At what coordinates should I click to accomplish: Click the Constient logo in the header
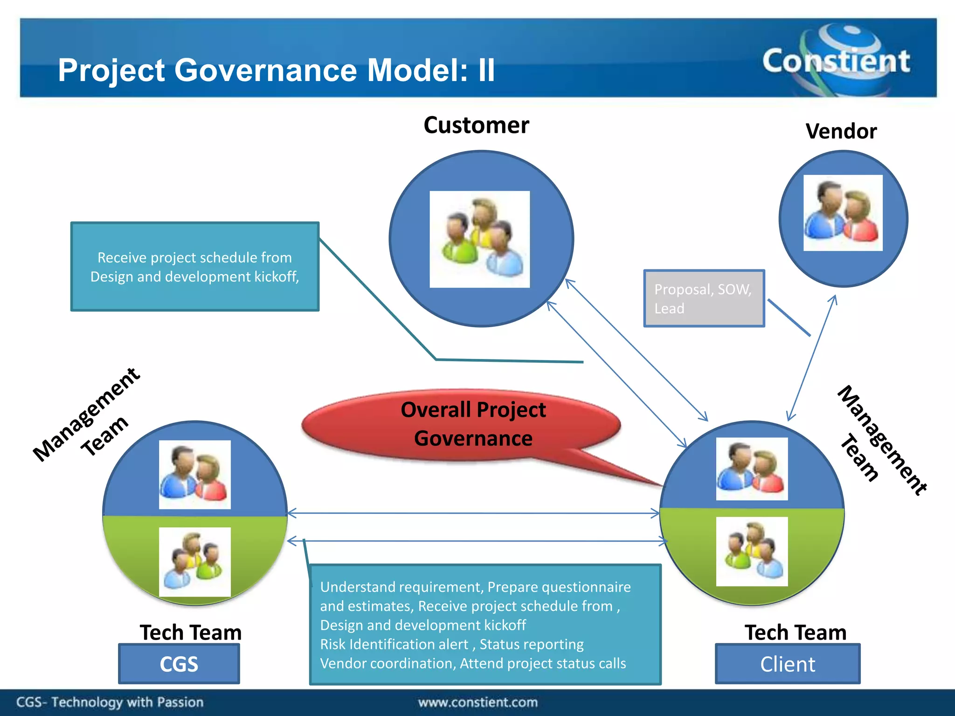(836, 61)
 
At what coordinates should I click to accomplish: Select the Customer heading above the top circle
(476, 125)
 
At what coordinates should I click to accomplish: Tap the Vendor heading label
(841, 131)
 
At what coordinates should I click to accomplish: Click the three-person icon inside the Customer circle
(479, 239)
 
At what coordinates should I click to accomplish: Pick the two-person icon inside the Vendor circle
(843, 213)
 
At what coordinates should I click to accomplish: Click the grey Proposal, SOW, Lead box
(703, 298)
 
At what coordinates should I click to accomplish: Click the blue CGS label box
(179, 664)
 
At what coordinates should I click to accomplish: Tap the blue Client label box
(787, 664)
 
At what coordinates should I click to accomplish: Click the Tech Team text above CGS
(190, 633)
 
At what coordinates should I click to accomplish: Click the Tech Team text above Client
(795, 633)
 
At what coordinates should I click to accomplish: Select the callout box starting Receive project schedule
(195, 267)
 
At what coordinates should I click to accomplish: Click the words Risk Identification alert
(394, 644)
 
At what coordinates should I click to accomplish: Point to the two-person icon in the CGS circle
(194, 475)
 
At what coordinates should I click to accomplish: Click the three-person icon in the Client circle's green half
(752, 551)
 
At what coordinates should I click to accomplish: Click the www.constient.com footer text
(477, 702)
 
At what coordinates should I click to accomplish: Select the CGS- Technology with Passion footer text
(110, 702)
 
